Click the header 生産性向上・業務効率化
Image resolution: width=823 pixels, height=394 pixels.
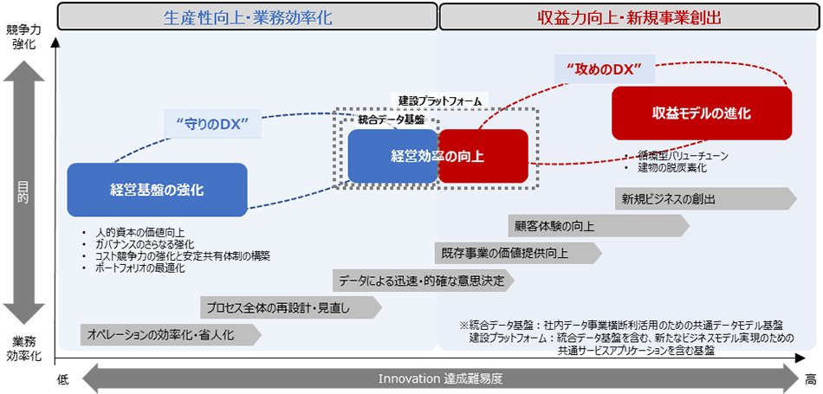point(247,17)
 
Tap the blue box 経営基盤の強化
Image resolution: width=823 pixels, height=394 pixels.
point(157,190)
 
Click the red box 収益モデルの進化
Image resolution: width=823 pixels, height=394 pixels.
point(702,113)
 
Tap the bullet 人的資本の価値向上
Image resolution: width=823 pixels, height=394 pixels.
point(139,232)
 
